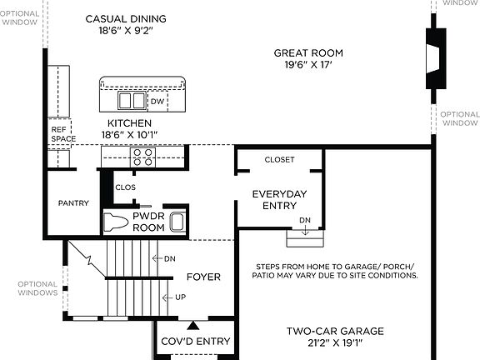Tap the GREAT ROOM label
308,53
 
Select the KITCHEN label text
129,122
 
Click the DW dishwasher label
157,102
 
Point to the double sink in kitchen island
130,101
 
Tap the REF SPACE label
59,133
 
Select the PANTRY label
73,203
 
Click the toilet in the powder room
115,222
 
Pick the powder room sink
177,222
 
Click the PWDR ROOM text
149,222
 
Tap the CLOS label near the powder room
125,187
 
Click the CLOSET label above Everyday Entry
279,159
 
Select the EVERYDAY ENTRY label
279,200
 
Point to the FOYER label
202,277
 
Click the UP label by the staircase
179,297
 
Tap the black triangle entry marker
193,325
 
